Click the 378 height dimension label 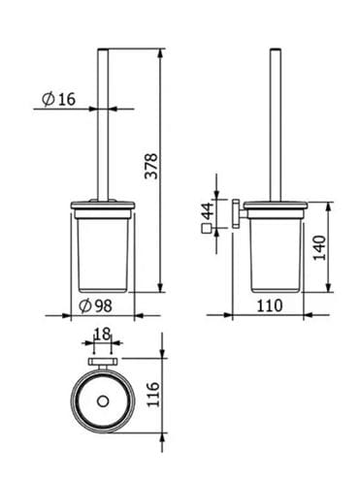pyautogui.click(x=151, y=167)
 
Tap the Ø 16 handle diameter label pyautogui.click(x=58, y=99)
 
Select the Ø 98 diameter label pyautogui.click(x=95, y=305)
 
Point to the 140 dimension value pyautogui.click(x=320, y=248)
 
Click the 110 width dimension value pyautogui.click(x=270, y=305)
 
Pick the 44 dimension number pyautogui.click(x=208, y=210)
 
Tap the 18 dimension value pyautogui.click(x=102, y=334)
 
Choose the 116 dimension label pyautogui.click(x=153, y=395)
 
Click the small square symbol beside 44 pyautogui.click(x=207, y=229)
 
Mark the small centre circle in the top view pyautogui.click(x=103, y=401)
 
